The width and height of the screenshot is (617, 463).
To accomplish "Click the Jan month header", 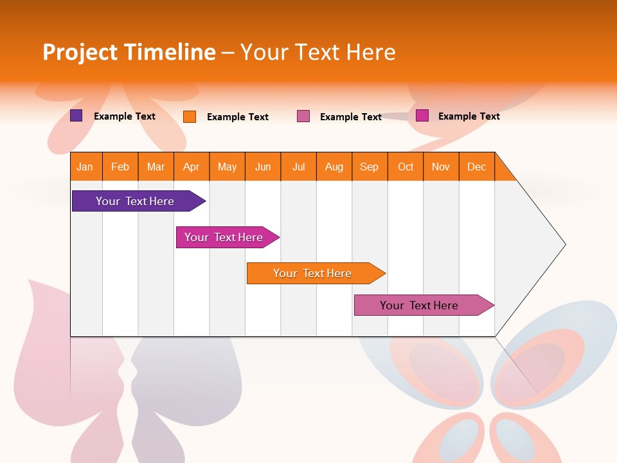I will (85, 167).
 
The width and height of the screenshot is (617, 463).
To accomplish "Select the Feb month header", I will (120, 167).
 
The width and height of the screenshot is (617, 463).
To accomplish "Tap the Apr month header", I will (192, 167).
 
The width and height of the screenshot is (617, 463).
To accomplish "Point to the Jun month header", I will (263, 167).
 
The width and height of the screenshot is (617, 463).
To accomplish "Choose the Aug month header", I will (334, 167).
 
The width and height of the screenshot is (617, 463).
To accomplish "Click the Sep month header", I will (370, 167).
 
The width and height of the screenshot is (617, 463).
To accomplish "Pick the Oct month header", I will (406, 167).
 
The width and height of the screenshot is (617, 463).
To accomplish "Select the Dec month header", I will (477, 167).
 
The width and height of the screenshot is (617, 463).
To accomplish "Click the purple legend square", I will (76, 116).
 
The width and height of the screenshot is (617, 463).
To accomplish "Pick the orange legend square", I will (190, 116).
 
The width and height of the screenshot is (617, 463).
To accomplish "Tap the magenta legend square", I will (422, 116).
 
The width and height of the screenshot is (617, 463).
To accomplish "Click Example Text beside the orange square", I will (238, 117).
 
